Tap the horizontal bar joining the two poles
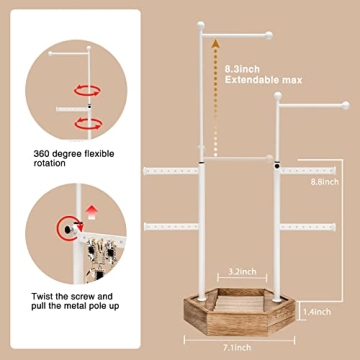tap(240, 157)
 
